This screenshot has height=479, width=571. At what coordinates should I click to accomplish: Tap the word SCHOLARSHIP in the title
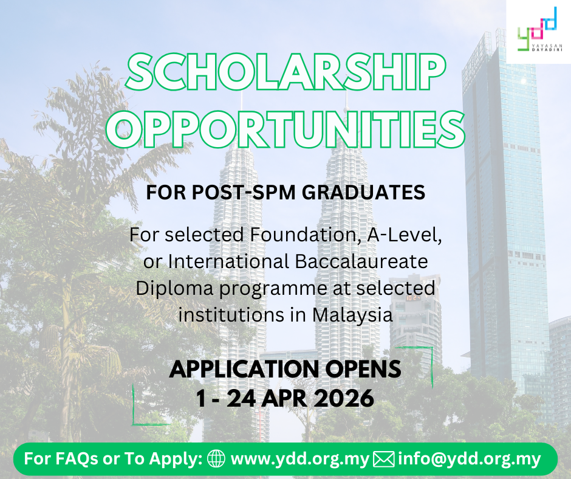click(285, 72)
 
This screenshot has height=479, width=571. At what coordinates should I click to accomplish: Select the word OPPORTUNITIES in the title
click(285, 129)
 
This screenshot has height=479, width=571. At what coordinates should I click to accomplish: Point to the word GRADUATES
click(363, 193)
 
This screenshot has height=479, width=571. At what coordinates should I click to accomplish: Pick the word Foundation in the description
click(304, 235)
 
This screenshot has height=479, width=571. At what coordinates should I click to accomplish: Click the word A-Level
click(404, 235)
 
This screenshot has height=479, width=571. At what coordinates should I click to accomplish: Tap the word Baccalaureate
click(361, 261)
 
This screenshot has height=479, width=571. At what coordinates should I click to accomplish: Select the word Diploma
click(174, 289)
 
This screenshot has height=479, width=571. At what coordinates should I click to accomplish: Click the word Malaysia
click(352, 315)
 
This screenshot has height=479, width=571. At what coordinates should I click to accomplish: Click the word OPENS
click(363, 369)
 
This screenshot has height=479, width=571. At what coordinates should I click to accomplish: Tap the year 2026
click(344, 398)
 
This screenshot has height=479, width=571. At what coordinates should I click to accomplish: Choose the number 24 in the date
click(241, 398)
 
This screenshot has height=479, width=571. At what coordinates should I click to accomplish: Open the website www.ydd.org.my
click(300, 459)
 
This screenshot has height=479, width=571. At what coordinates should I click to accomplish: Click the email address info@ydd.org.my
click(470, 459)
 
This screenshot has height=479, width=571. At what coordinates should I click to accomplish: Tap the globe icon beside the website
click(216, 458)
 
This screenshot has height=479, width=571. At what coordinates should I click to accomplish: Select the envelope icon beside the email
click(384, 459)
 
